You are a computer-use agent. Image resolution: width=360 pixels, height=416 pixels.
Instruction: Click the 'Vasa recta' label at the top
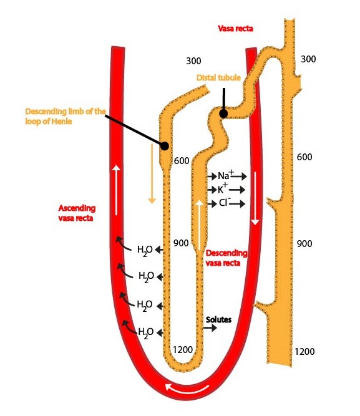[x=235, y=29]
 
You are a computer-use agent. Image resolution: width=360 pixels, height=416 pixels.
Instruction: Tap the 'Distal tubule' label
[x=218, y=77]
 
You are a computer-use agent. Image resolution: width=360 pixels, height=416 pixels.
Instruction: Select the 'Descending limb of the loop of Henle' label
[x=66, y=116]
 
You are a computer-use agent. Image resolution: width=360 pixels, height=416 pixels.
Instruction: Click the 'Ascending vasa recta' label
[x=77, y=213]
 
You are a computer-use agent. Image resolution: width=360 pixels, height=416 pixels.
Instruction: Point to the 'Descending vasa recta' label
[x=226, y=258]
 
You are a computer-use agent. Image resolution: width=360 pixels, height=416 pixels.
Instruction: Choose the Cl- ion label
[x=225, y=203]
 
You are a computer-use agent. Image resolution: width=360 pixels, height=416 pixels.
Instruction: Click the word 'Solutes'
[x=218, y=319]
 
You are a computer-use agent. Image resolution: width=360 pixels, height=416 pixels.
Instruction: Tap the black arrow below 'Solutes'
[x=210, y=328]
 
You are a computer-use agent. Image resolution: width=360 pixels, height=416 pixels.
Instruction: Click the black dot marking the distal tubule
[x=223, y=114]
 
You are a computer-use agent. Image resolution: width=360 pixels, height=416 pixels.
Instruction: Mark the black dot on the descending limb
[x=165, y=146]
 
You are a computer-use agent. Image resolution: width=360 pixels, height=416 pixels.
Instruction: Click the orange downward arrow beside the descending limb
[x=152, y=174]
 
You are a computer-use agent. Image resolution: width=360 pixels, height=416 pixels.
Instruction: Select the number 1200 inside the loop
[x=183, y=350]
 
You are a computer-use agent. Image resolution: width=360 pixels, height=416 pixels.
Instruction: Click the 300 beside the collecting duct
[x=308, y=59]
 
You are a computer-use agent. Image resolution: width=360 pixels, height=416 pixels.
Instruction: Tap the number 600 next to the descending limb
[x=182, y=160]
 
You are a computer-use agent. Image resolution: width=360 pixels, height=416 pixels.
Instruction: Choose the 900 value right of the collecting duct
[x=304, y=244]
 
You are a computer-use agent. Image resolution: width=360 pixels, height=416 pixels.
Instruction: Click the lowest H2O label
[x=146, y=332]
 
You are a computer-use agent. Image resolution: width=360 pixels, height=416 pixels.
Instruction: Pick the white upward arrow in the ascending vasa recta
[x=117, y=190]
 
